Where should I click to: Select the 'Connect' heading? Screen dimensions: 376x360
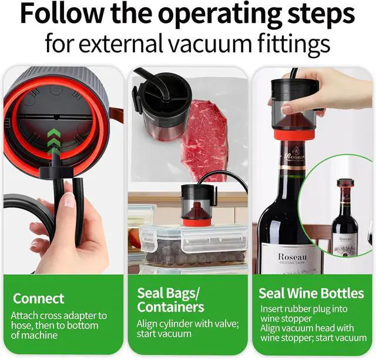(39, 298)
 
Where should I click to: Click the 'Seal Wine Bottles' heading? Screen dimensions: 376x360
(311, 293)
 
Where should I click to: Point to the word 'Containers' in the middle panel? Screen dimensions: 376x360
(170, 306)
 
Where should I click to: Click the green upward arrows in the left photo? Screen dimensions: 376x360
(53, 141)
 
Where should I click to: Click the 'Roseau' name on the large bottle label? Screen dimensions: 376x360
(293, 256)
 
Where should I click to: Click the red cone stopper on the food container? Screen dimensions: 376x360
(196, 215)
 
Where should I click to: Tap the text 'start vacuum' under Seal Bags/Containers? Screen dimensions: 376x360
(164, 334)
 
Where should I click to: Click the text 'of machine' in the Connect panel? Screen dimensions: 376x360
(34, 335)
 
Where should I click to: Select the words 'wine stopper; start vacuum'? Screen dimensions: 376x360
(313, 338)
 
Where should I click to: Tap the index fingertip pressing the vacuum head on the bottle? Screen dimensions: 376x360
(287, 109)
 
